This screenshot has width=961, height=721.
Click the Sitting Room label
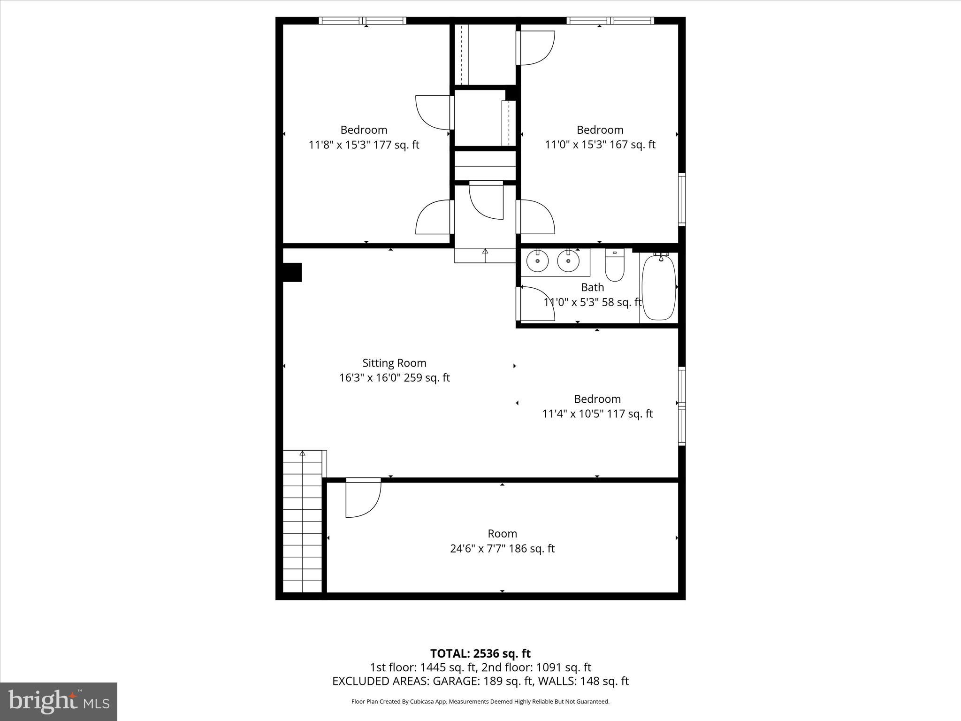click(x=394, y=363)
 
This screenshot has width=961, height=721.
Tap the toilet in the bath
click(x=614, y=266)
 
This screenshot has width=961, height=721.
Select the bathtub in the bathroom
click(x=659, y=287)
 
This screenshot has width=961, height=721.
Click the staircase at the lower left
click(x=303, y=521)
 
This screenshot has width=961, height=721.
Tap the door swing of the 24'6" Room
click(x=362, y=499)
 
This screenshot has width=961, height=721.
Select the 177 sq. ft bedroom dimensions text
click(x=364, y=145)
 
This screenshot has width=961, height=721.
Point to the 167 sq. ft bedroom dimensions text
click(x=600, y=145)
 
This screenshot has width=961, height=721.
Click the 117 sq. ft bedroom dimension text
click(x=597, y=414)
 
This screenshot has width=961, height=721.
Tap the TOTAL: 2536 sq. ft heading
click(x=480, y=653)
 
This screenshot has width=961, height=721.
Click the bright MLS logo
click(x=59, y=701)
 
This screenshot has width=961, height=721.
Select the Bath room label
click(x=592, y=287)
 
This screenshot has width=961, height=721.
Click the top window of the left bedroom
click(x=362, y=21)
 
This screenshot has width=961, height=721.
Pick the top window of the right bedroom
click(x=610, y=21)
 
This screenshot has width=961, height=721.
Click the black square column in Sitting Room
click(x=292, y=272)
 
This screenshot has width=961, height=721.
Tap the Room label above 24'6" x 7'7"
click(x=502, y=534)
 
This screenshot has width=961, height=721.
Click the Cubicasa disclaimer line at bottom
click(x=480, y=702)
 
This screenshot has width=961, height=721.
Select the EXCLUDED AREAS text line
click(x=480, y=681)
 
